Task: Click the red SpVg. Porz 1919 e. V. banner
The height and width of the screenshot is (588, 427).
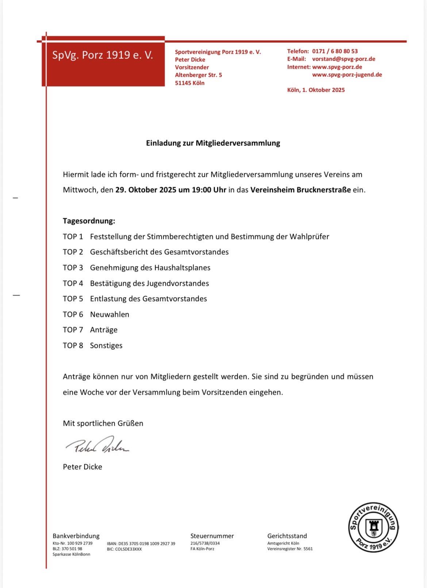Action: (x=103, y=61)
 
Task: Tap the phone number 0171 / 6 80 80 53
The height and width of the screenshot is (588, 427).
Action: (x=335, y=51)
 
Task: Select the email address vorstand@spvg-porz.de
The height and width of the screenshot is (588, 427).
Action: (x=343, y=59)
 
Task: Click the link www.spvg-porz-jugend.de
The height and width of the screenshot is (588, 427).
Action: (x=347, y=75)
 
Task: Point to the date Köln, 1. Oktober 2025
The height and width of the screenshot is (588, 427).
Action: (x=316, y=90)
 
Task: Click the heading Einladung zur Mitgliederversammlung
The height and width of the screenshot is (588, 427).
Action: (x=213, y=143)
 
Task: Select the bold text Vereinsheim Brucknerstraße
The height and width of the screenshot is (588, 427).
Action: (x=300, y=190)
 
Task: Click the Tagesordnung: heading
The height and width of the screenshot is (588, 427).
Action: (x=89, y=221)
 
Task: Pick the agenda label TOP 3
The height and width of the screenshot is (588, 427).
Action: (x=73, y=268)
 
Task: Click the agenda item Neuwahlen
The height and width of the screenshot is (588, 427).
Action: (x=109, y=314)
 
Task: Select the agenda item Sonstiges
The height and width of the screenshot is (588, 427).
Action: (x=106, y=345)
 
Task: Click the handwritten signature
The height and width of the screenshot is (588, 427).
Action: (x=97, y=445)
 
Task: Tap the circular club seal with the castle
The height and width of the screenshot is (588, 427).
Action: (x=373, y=527)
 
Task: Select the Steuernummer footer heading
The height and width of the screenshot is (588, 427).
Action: (x=212, y=536)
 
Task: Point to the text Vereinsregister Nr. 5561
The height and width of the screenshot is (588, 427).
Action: (x=290, y=549)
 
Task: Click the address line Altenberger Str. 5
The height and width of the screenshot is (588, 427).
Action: (x=198, y=75)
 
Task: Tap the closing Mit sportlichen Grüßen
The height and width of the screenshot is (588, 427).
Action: (x=103, y=423)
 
